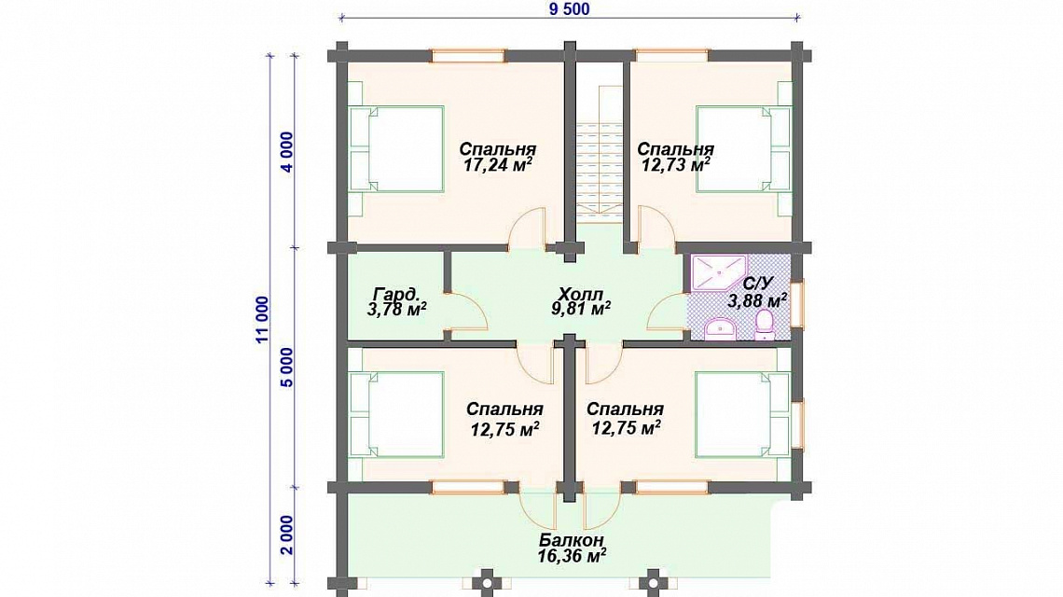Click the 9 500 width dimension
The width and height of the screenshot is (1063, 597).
(x=569, y=8)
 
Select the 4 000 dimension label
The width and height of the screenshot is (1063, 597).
(x=287, y=152)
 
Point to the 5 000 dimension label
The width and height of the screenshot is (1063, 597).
(x=287, y=368)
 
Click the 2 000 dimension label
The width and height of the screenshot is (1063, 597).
(x=287, y=535)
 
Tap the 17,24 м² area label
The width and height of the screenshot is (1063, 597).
(x=497, y=165)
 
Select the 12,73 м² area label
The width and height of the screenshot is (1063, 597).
(x=675, y=165)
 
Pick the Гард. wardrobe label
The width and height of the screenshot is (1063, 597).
(x=396, y=295)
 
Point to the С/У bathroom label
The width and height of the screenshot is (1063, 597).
(x=757, y=284)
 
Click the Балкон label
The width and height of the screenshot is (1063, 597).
(x=572, y=541)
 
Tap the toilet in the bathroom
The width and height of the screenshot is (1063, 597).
(x=764, y=325)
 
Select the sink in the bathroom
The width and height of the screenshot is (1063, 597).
(x=720, y=329)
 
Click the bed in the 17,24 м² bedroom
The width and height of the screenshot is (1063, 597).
(x=396, y=148)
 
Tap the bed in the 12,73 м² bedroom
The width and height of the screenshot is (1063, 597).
(x=744, y=148)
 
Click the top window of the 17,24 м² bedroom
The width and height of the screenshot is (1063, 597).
(x=469, y=56)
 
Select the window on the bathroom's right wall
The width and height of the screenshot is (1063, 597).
(x=797, y=305)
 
